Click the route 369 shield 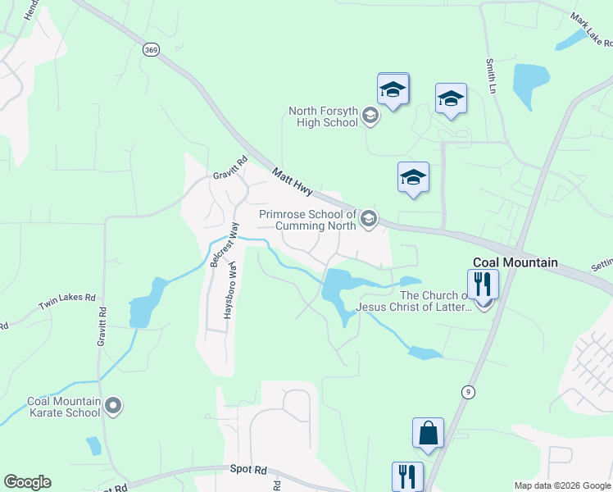coord(150,50)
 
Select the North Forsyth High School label coord(324,116)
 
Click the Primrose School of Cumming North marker coord(369,217)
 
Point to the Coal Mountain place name coord(515,263)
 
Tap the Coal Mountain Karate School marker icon coord(114,405)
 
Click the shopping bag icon coord(428,434)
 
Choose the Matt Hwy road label coord(293,181)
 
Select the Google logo coord(27,482)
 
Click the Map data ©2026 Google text coord(561,485)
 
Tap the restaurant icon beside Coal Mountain coord(484,284)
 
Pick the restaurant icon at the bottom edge coord(406,476)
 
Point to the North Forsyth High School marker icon coord(370,116)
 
